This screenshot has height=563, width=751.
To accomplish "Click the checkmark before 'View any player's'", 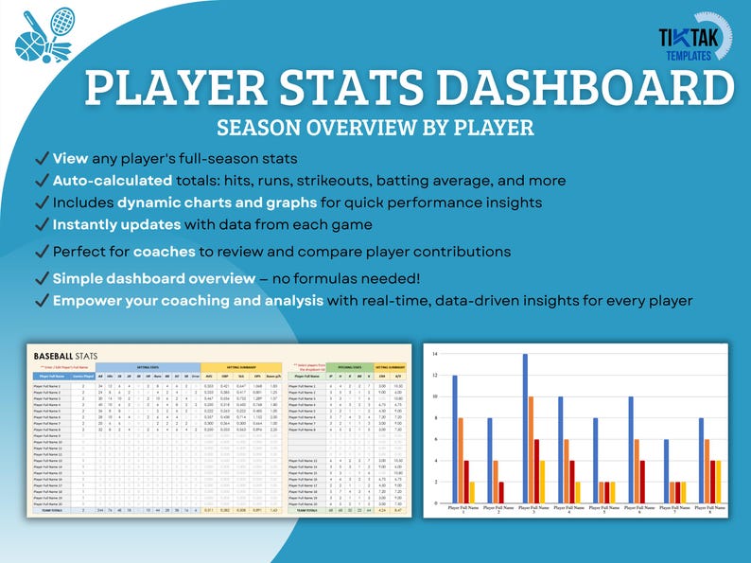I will (40, 159).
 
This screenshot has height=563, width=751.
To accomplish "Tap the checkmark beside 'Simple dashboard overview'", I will (40, 279).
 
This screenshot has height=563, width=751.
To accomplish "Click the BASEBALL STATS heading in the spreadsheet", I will (72, 356).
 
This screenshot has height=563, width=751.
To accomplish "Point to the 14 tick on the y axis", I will (434, 354).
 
